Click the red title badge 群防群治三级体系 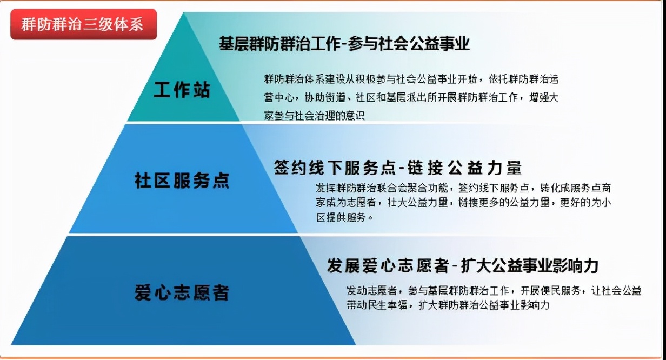click(84, 24)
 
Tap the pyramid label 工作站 click(182, 89)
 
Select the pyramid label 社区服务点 click(182, 180)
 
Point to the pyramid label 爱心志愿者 click(182, 292)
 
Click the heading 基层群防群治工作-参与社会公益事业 click(344, 44)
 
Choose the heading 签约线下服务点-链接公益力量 click(397, 168)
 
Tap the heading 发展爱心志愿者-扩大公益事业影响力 click(463, 265)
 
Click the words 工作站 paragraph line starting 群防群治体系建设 click(411, 79)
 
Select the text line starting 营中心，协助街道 click(411, 97)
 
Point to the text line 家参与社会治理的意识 click(314, 115)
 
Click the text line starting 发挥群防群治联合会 click(463, 188)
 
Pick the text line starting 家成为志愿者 click(463, 203)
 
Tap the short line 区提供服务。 click(344, 218)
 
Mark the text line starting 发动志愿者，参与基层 click(494, 290)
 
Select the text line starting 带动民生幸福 click(448, 305)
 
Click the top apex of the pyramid click(184, 12)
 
